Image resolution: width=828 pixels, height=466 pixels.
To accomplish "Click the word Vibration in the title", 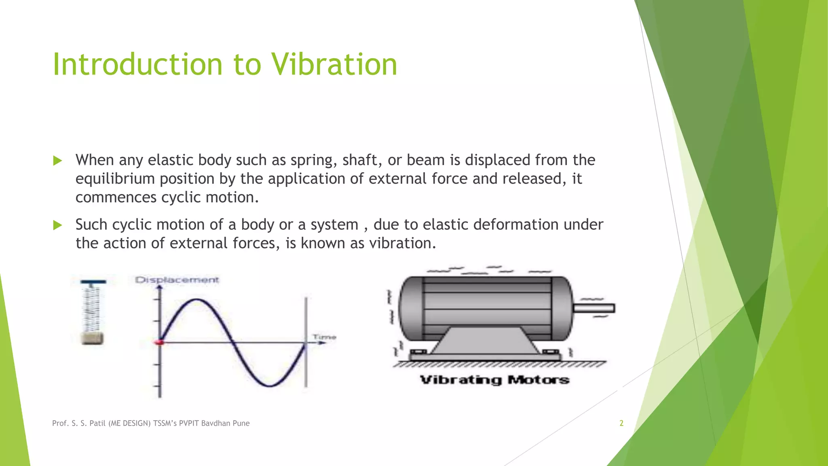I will click(334, 64).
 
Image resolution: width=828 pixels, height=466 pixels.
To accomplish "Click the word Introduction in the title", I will click(138, 64).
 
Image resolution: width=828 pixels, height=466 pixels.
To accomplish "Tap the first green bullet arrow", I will click(57, 161).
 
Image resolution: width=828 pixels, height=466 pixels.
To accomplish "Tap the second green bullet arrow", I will click(57, 225).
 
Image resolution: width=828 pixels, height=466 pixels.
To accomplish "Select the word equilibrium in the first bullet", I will click(115, 179).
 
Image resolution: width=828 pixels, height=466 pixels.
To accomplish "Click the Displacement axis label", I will click(177, 280).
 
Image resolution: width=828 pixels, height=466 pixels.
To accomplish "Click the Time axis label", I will click(324, 337).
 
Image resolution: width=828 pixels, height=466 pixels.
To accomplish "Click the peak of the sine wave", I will click(196, 300).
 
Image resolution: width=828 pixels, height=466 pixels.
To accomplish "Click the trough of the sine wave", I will click(269, 386).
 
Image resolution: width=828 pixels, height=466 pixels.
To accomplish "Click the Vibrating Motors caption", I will click(494, 380).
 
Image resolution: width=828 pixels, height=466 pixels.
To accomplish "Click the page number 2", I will click(621, 423).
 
